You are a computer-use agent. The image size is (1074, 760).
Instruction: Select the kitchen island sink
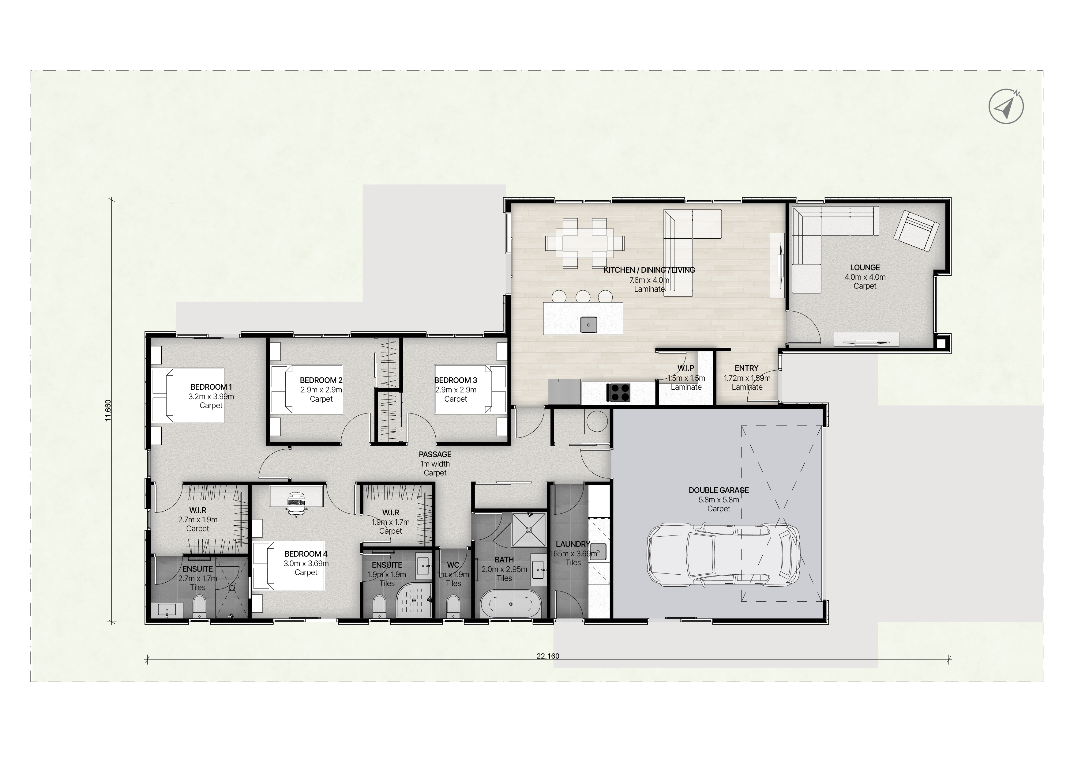click(588, 325)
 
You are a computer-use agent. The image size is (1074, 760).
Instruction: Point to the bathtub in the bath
click(510, 604)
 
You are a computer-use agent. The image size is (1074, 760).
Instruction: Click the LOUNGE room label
click(865, 268)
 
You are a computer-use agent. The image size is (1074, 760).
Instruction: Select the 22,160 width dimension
click(548, 656)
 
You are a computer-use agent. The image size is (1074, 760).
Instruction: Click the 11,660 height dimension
click(108, 410)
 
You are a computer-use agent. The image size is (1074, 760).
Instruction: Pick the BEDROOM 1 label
click(211, 387)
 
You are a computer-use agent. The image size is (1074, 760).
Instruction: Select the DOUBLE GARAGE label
click(719, 490)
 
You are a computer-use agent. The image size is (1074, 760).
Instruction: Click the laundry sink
click(598, 552)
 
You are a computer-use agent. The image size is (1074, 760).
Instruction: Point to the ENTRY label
click(746, 368)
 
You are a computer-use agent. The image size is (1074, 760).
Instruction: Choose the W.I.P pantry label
click(686, 368)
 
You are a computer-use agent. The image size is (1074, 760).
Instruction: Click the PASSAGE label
click(435, 454)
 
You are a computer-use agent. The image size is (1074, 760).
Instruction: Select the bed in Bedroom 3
click(471, 389)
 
